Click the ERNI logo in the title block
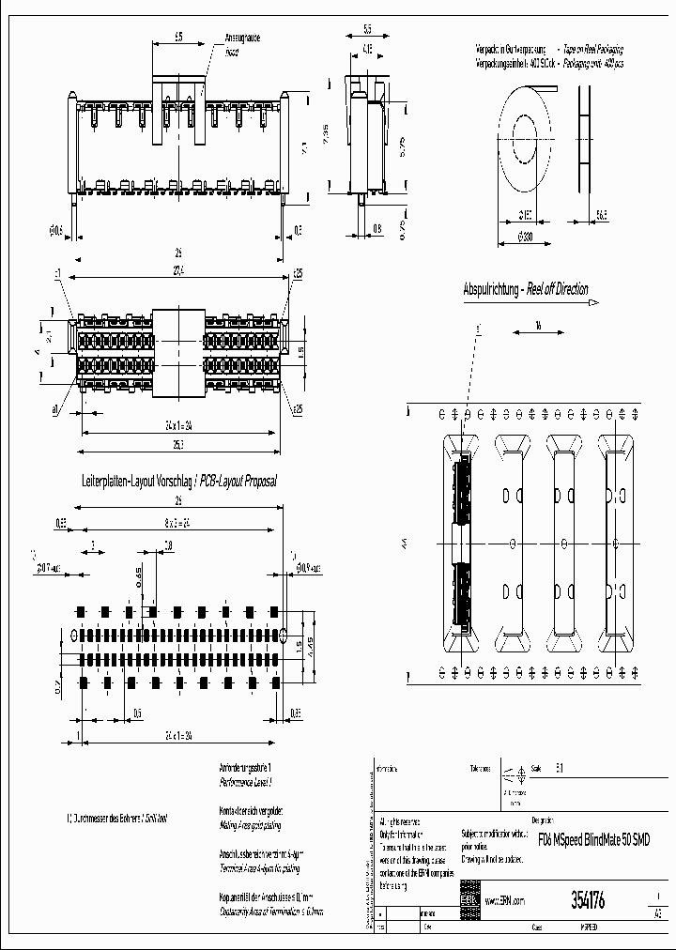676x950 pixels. click(x=469, y=897)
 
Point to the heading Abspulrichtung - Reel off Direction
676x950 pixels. click(x=526, y=289)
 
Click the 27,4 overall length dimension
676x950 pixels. click(x=177, y=269)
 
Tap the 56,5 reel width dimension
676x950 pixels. click(x=600, y=215)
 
